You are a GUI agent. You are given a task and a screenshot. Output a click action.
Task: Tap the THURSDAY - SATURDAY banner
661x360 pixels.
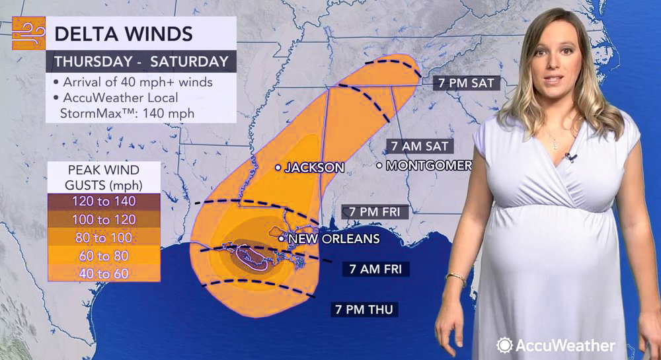tap(141, 62)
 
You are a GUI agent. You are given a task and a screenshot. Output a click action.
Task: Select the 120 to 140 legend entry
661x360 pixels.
tap(104, 201)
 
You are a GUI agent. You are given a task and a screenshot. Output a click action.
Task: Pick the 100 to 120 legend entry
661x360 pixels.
tap(104, 219)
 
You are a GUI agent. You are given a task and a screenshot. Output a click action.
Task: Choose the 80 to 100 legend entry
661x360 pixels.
tap(104, 237)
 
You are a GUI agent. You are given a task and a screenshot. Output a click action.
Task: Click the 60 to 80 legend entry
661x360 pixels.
tap(104, 255)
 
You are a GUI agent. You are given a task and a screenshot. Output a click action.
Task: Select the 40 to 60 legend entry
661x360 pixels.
tap(104, 273)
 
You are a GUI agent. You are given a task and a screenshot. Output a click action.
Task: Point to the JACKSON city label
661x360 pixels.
tap(314, 168)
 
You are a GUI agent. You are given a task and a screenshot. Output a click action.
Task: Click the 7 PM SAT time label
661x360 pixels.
tap(465, 83)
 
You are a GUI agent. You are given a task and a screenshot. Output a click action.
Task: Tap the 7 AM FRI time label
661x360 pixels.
tap(376, 269)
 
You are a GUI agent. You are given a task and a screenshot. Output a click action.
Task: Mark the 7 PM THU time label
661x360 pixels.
tap(366, 308)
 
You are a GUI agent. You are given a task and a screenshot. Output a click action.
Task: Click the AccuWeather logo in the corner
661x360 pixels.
tap(556, 345)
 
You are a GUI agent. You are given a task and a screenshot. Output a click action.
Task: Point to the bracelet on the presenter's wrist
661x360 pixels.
tap(455, 277)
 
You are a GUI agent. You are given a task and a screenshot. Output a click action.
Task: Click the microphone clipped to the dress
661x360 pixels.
tap(568, 157)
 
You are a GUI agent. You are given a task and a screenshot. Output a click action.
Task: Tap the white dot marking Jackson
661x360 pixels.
tap(278, 168)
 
